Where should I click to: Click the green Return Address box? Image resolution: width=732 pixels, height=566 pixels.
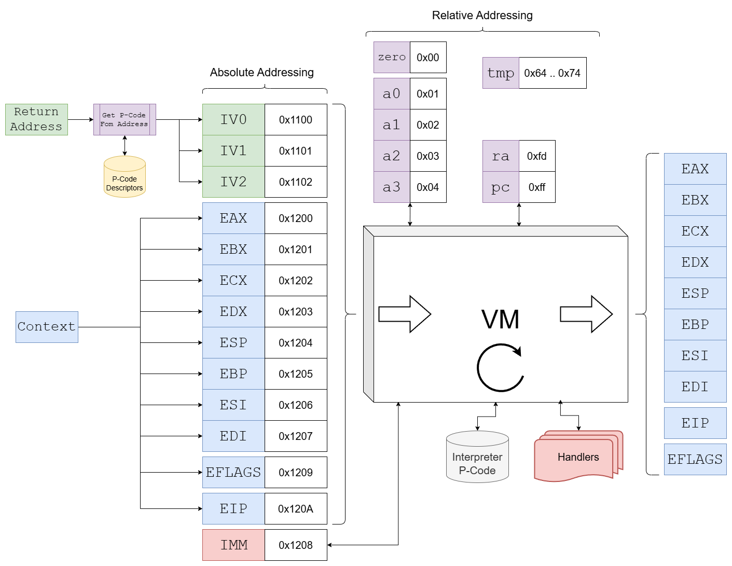point(36,119)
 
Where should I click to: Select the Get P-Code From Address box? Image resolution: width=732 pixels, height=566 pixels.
point(125,119)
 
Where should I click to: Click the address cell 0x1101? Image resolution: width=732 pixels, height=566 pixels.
point(296,151)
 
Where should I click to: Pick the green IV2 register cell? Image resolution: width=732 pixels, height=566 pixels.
point(233,182)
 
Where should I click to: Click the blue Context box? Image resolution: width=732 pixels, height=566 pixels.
point(47,327)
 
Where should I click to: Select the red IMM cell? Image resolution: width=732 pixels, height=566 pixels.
point(233,545)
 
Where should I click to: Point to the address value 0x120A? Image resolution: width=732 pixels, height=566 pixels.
point(296,509)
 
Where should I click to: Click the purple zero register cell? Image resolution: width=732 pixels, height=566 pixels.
point(392,58)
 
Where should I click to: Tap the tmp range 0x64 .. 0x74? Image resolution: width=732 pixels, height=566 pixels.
point(553,73)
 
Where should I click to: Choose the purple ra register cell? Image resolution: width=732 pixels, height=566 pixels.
point(501,156)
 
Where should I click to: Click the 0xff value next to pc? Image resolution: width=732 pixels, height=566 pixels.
point(537,187)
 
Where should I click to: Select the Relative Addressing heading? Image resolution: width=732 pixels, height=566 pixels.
point(482,16)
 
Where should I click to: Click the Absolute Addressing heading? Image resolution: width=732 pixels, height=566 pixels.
point(262,73)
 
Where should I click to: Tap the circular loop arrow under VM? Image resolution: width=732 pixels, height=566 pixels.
point(500,367)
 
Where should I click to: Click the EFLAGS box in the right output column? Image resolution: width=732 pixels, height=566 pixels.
point(695,460)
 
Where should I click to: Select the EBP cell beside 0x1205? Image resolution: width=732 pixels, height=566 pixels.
point(233,374)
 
